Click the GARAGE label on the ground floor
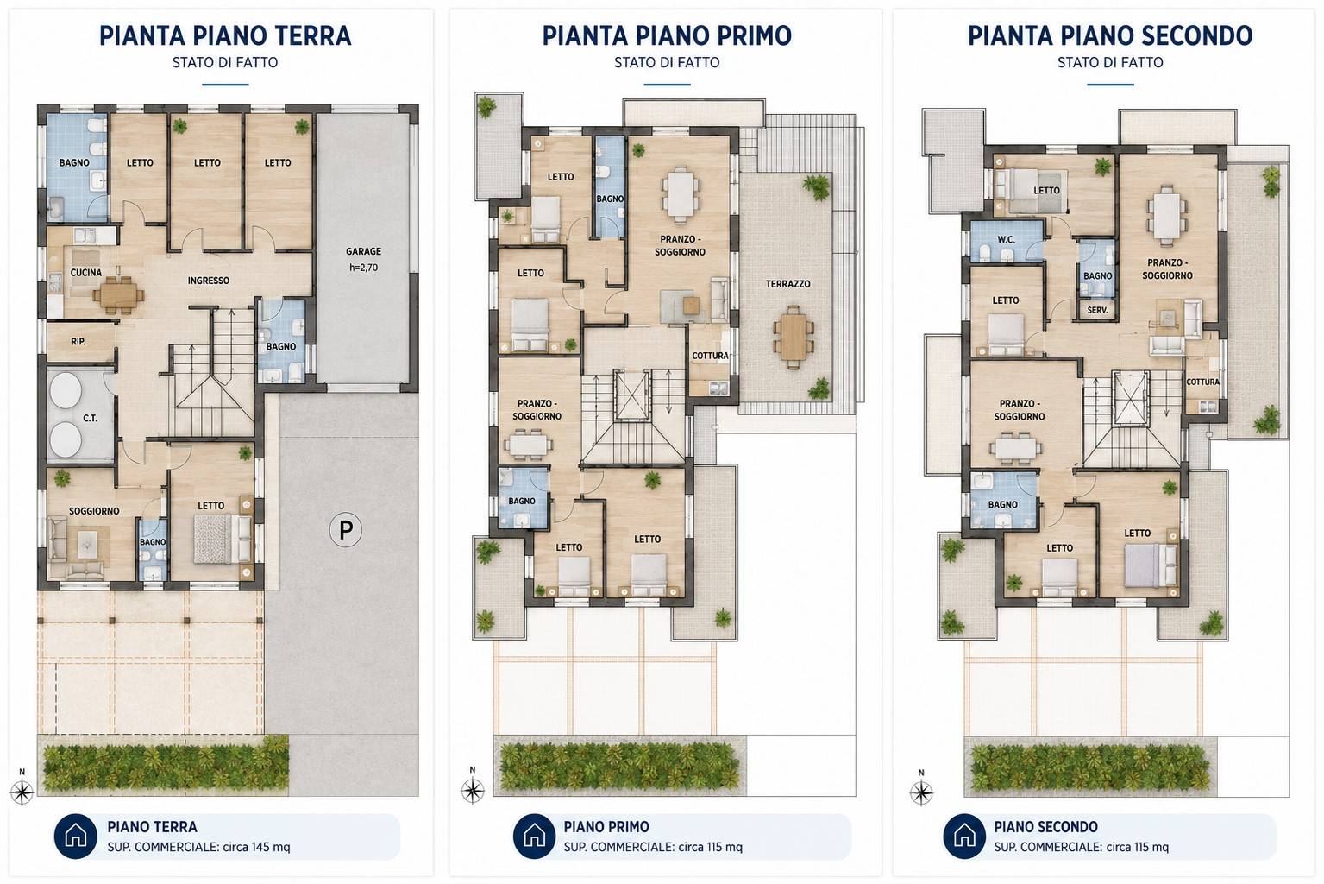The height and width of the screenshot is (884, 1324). (x=363, y=251)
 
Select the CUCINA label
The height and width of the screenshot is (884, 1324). (x=85, y=273)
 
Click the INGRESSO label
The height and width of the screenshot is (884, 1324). (x=209, y=281)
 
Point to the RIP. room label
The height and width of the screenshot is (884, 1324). (x=78, y=341)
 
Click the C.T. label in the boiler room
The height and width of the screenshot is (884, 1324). (x=90, y=419)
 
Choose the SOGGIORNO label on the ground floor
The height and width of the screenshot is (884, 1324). (x=94, y=511)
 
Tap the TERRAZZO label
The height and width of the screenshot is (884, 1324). (x=787, y=284)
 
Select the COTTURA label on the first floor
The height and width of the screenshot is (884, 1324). (x=710, y=356)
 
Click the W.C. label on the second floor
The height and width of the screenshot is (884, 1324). (x=1006, y=240)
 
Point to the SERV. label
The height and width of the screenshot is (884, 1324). (x=1098, y=309)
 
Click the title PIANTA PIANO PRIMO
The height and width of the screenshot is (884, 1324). (x=667, y=35)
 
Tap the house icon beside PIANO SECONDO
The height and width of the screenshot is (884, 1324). (x=964, y=837)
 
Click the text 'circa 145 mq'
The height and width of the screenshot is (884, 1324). (x=256, y=847)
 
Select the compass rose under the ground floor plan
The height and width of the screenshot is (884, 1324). (x=22, y=792)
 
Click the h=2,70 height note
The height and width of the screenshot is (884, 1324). (x=363, y=268)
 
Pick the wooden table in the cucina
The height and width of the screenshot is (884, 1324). (x=118, y=294)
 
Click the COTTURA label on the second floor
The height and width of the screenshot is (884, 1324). (x=1202, y=382)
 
